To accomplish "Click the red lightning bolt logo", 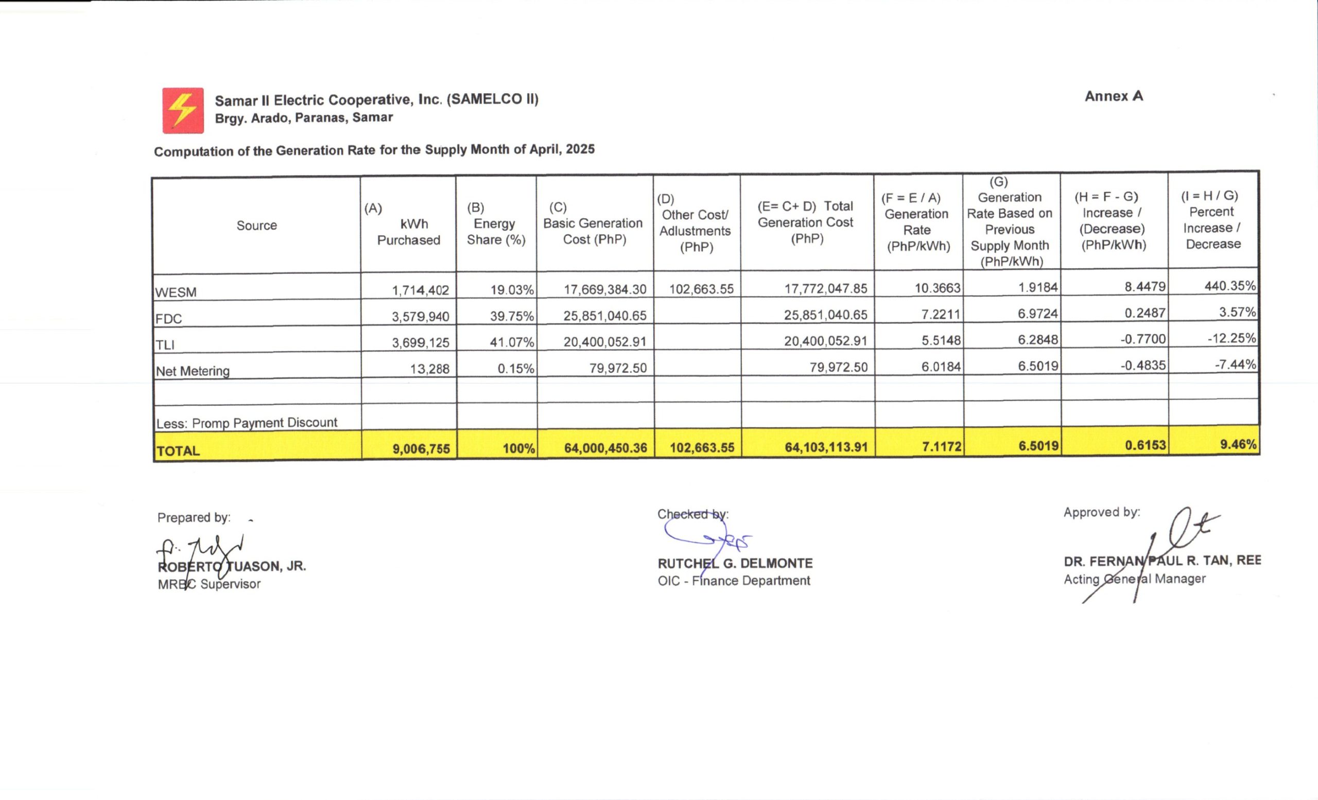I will tap(183, 111).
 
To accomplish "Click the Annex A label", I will tap(1114, 96).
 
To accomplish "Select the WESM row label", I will tap(176, 292).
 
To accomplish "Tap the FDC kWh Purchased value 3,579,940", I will tap(421, 317).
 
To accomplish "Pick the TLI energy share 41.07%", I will tap(512, 342).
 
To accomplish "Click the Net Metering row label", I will tap(193, 371).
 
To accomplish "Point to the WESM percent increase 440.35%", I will tap(1230, 286).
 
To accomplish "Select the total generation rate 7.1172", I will tap(942, 446).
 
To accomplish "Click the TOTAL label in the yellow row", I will tap(178, 451).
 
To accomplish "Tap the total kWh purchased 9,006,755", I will tap(422, 449).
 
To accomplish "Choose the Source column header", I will tap(257, 225).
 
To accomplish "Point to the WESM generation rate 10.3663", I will tap(937, 288).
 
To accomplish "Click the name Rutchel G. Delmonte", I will tap(735, 564).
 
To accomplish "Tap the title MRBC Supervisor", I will tap(209, 584).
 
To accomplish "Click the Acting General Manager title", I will tap(1135, 579).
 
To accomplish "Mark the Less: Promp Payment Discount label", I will tap(247, 423).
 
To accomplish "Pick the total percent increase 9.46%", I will tap(1238, 444).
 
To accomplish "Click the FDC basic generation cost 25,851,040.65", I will tap(604, 316).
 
